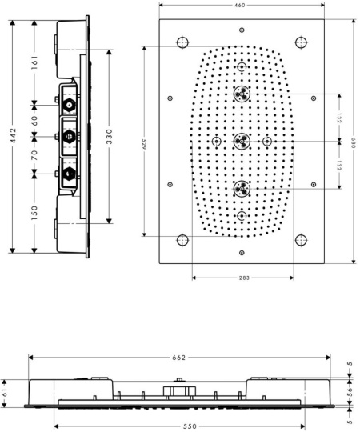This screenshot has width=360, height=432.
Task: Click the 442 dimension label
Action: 13,135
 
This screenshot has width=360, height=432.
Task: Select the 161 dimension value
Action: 34,62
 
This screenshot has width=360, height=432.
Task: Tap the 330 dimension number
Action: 109,136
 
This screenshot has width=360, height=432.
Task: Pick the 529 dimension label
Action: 144,144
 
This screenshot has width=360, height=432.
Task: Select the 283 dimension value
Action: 244,278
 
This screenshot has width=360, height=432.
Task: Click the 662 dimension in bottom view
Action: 179,358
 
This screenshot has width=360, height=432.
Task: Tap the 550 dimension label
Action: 190,426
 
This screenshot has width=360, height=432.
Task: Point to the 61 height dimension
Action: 4,394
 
